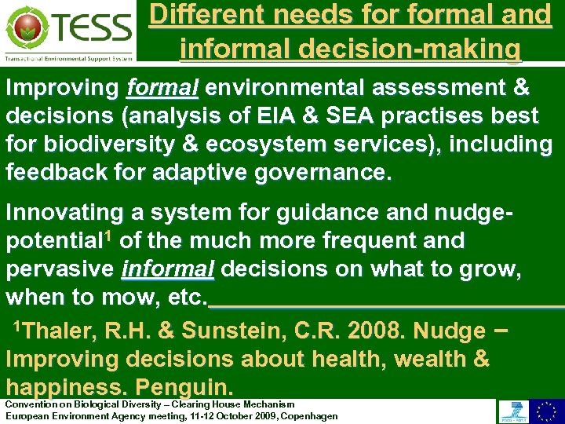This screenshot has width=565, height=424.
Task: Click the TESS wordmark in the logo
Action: tap(92, 28)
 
